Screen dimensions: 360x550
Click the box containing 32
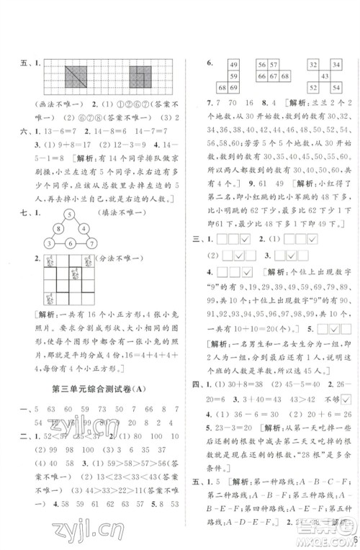coord(313,65)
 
